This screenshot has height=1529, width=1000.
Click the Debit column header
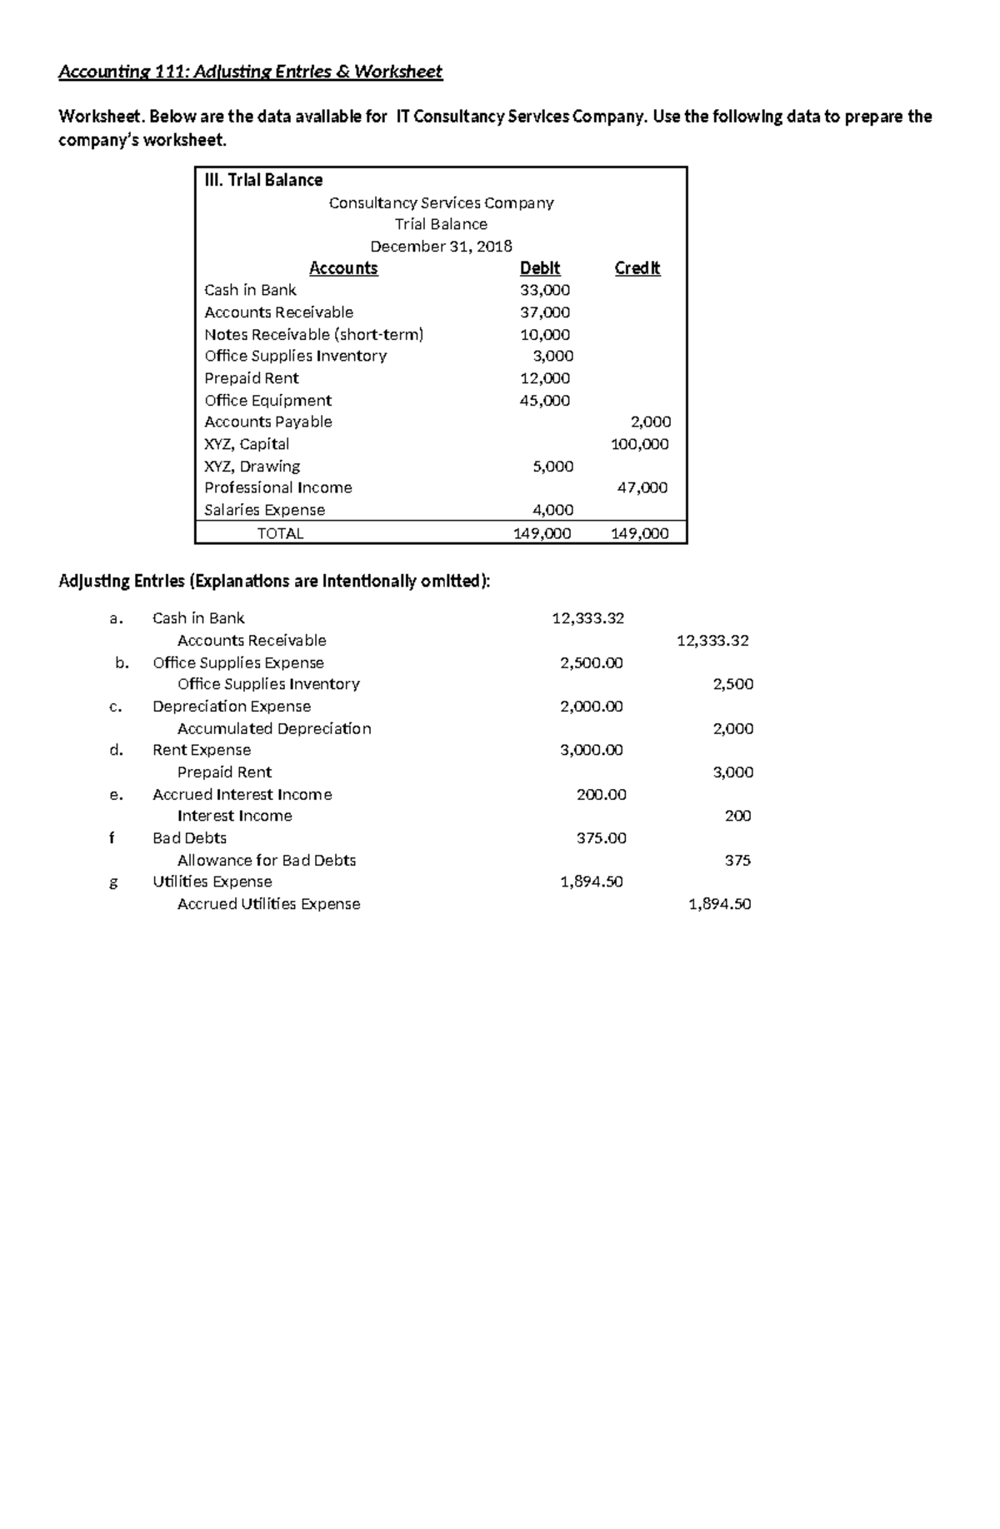click(540, 268)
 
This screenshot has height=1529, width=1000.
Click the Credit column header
click(637, 268)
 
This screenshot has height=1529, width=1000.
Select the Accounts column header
click(343, 268)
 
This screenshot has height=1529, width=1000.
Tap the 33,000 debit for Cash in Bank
click(545, 290)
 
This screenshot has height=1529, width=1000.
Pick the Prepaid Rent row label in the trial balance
click(252, 378)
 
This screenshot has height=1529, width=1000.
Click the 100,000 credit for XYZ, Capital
click(640, 444)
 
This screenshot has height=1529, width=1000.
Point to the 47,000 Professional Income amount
click(642, 487)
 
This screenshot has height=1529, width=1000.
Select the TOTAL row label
click(280, 533)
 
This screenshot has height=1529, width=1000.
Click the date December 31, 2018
click(441, 247)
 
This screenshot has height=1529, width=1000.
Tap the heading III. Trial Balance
click(263, 180)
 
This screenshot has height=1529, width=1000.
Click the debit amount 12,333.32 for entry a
click(587, 618)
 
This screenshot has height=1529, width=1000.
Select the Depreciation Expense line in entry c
click(232, 707)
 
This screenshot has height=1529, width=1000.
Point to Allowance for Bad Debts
click(267, 861)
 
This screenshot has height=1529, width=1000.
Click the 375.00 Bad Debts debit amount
click(601, 838)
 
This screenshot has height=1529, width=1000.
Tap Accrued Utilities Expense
click(268, 904)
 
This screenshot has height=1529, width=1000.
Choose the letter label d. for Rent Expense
click(117, 750)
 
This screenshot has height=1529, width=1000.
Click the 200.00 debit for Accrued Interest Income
click(601, 795)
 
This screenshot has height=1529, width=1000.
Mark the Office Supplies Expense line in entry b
click(238, 663)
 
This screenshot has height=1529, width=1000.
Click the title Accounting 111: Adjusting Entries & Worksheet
click(250, 72)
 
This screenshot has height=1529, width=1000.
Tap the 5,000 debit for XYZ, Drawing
click(552, 467)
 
